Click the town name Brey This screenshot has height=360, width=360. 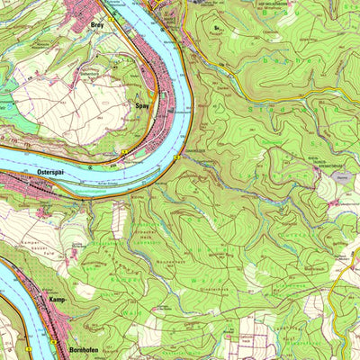pyautogui.click(x=98, y=26)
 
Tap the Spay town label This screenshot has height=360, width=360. pyautogui.click(x=141, y=105)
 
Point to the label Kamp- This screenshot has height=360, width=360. pyautogui.click(x=58, y=297)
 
